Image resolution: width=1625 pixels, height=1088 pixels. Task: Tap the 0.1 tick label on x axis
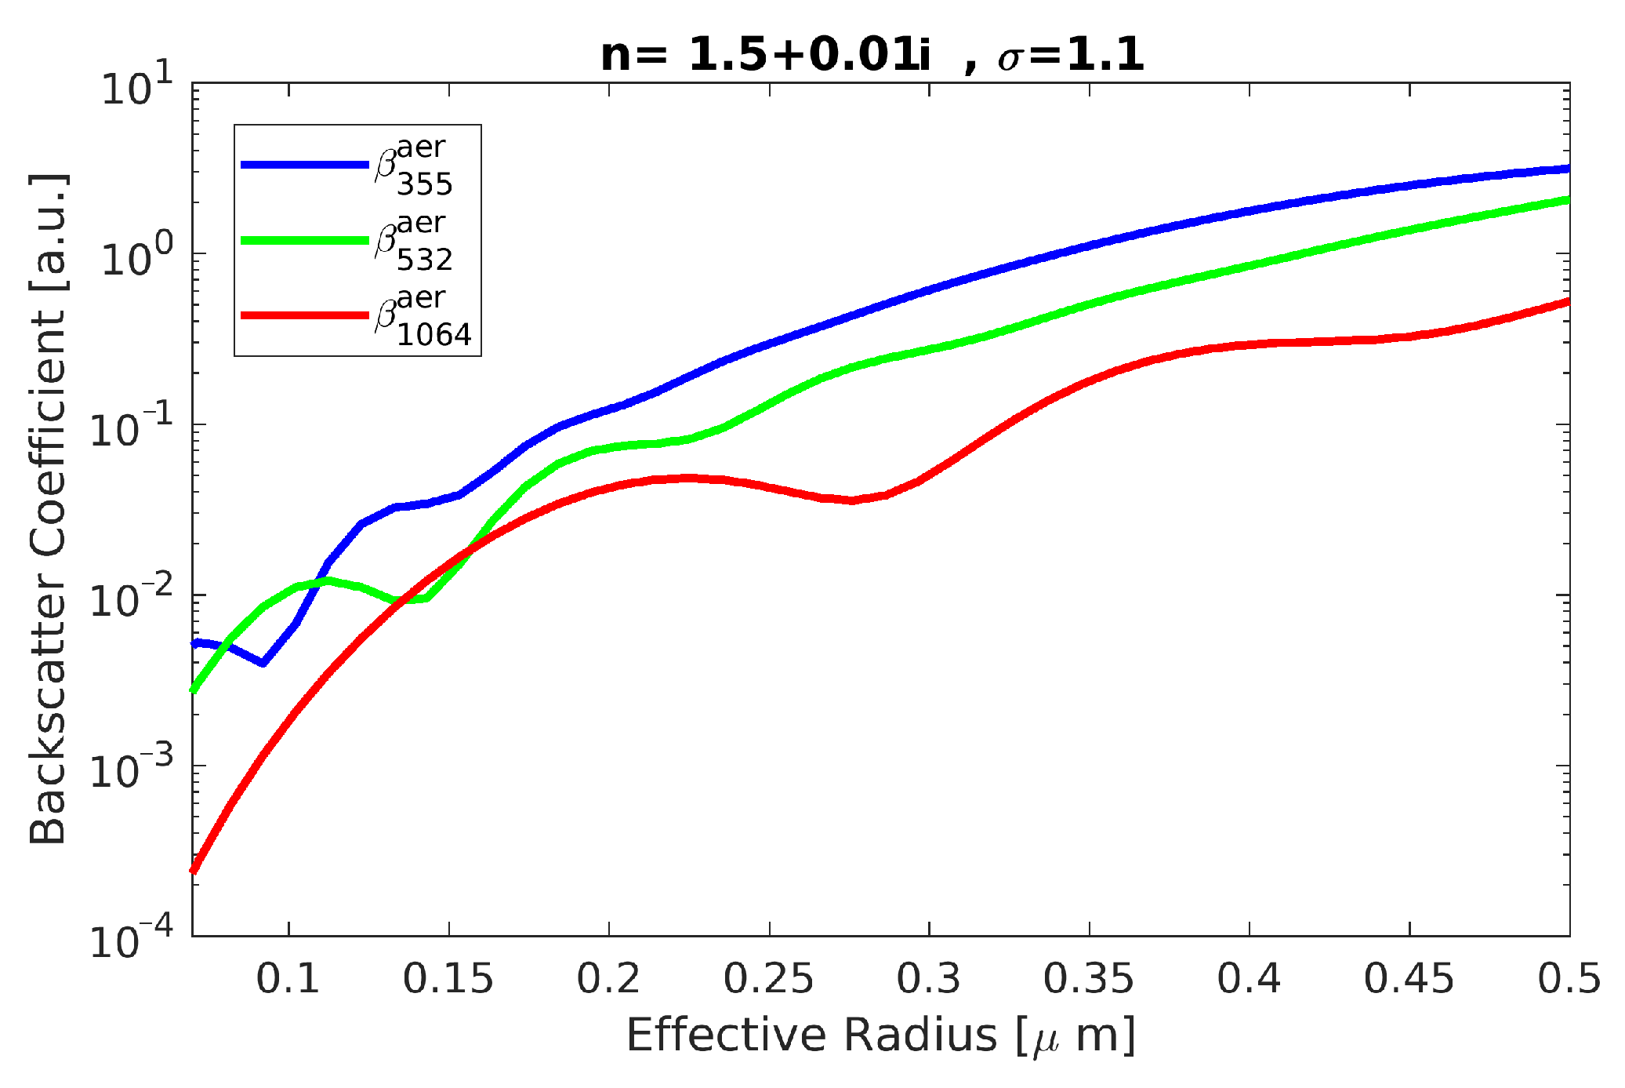tap(288, 978)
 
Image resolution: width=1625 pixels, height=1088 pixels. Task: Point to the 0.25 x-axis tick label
tap(768, 978)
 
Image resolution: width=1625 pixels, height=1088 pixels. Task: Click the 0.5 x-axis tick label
tap(1569, 978)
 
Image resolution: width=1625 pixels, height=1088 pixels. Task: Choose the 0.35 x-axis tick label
tap(1088, 978)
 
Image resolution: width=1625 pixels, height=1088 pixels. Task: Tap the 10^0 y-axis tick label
tap(137, 257)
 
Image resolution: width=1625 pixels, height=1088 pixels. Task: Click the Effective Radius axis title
tap(880, 1035)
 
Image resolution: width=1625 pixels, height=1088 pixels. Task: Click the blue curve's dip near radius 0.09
tap(263, 663)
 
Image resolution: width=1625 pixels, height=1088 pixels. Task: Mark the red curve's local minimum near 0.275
tap(852, 500)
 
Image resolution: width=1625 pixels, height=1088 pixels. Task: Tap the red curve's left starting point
tap(194, 869)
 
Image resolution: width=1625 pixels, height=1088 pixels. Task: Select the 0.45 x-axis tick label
tap(1409, 978)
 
